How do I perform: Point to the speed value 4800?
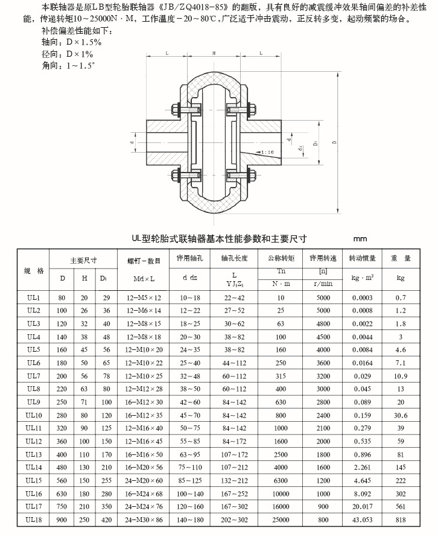point(323,324)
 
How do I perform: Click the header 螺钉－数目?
point(145,261)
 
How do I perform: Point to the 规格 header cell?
point(33,270)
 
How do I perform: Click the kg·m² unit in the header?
point(362,278)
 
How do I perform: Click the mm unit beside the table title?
point(360,238)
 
